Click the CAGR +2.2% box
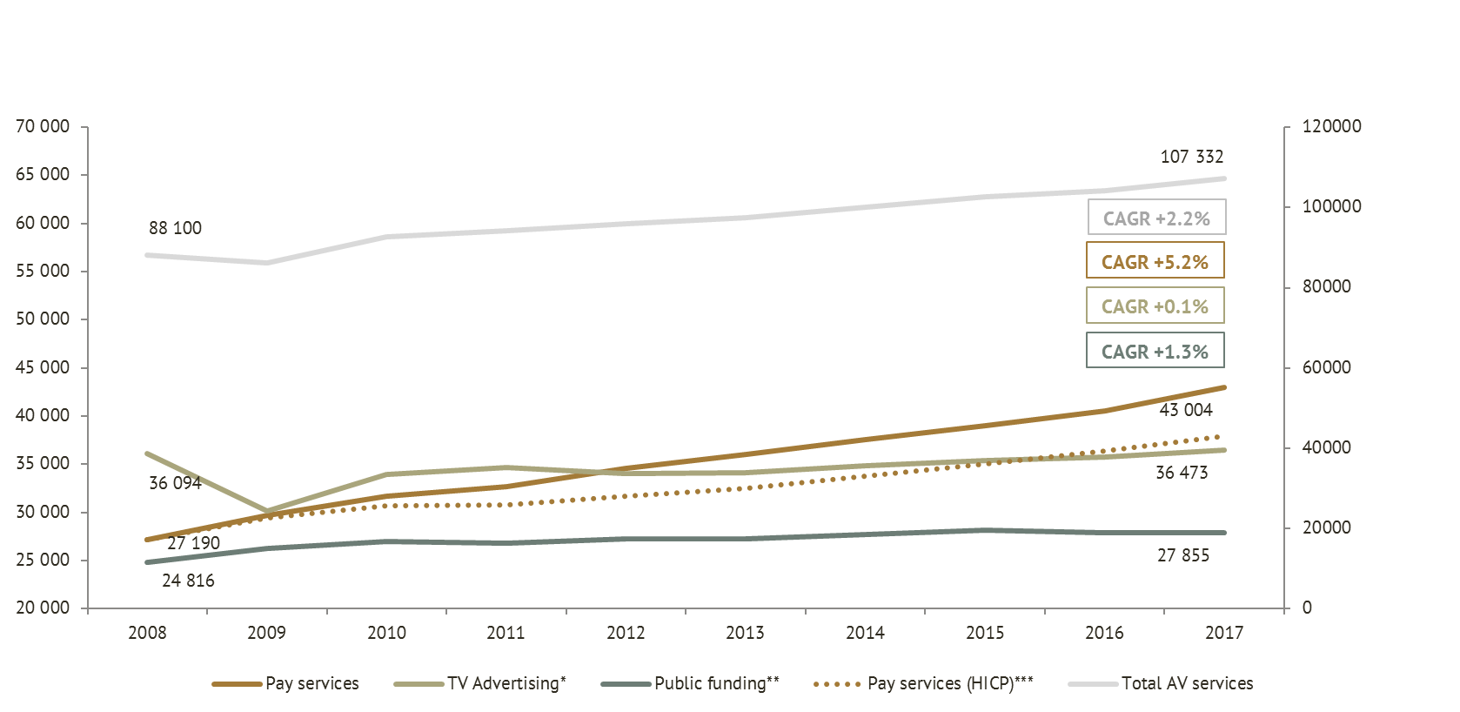(x=1156, y=218)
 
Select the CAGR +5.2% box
(x=1155, y=261)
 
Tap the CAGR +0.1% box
(x=1155, y=306)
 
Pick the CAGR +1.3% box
(x=1155, y=352)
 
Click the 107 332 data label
(x=1191, y=157)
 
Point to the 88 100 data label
(x=175, y=228)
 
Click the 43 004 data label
(x=1185, y=410)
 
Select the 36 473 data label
(x=1181, y=473)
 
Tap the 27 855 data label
(x=1182, y=555)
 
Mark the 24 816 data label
(x=188, y=581)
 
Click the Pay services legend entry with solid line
(x=285, y=683)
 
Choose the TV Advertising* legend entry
(x=479, y=683)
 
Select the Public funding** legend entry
(x=690, y=683)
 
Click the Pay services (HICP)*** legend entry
(x=923, y=683)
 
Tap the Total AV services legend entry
(x=1161, y=683)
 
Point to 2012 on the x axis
(x=626, y=633)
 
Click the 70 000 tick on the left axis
(x=43, y=126)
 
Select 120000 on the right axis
(x=1331, y=126)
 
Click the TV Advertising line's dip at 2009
(x=266, y=511)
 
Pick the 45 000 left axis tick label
(x=43, y=367)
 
